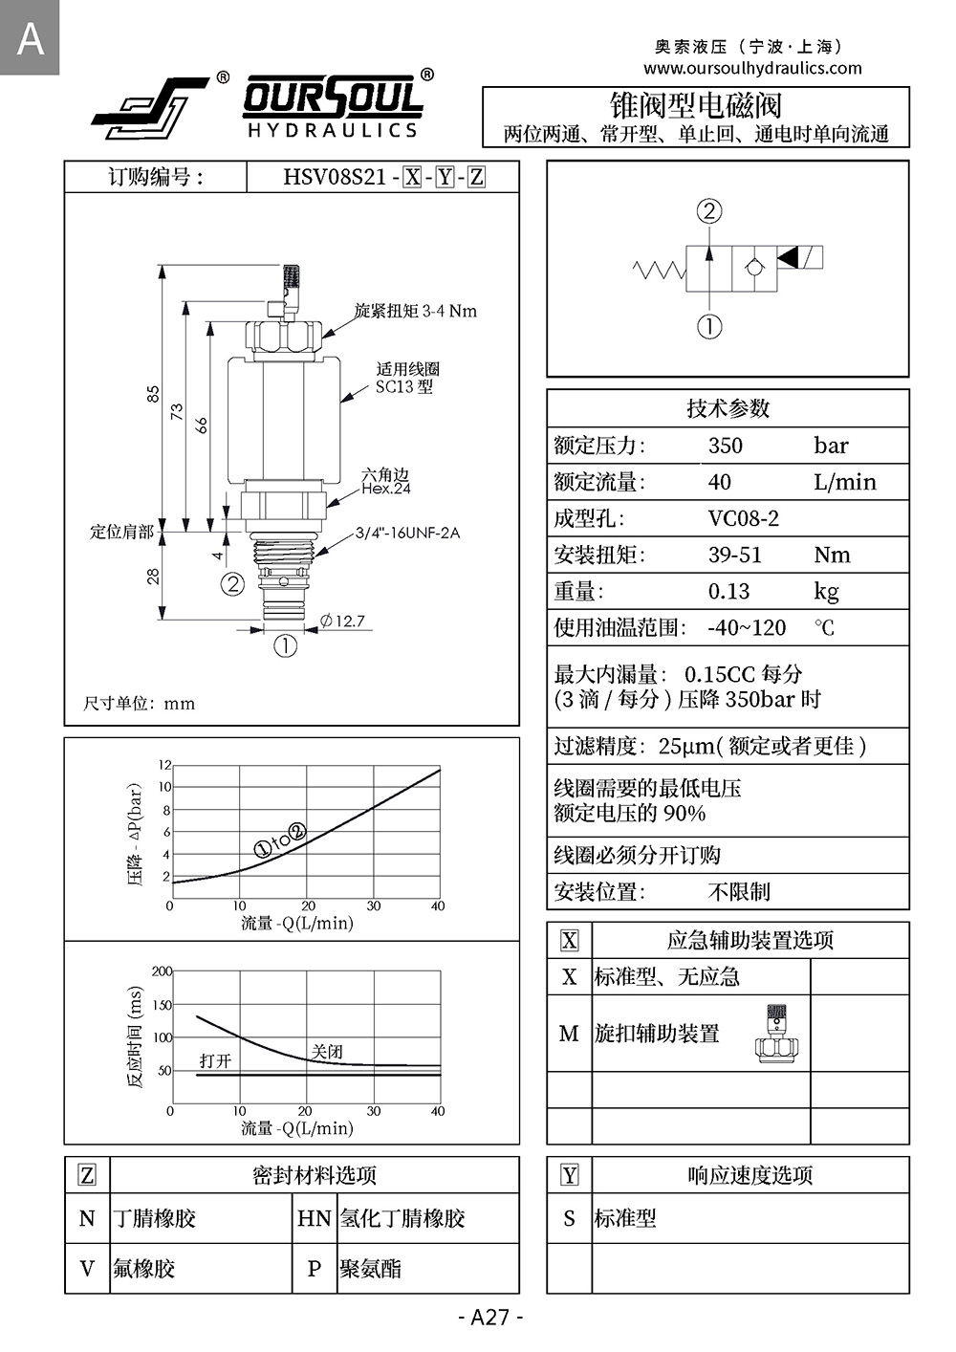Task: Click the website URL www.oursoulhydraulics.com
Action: coord(752,68)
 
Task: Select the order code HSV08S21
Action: coord(335,177)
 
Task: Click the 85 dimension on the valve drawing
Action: coord(153,394)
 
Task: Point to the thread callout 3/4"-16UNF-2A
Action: coord(407,533)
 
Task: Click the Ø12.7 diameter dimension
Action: coord(342,621)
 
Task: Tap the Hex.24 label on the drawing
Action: coord(386,489)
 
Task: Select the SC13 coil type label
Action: coord(403,386)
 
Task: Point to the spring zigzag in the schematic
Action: coord(659,270)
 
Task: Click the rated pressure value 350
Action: coord(725,446)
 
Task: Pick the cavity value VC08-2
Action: coord(743,518)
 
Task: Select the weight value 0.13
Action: coord(728,591)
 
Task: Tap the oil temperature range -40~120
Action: coord(747,627)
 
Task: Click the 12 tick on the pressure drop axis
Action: coord(164,765)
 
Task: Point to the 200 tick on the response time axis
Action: coord(162,971)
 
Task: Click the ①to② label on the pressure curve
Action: coord(280,840)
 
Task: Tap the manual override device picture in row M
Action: coord(776,1034)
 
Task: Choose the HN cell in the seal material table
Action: coord(314,1218)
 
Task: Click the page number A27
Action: coord(490,1317)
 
